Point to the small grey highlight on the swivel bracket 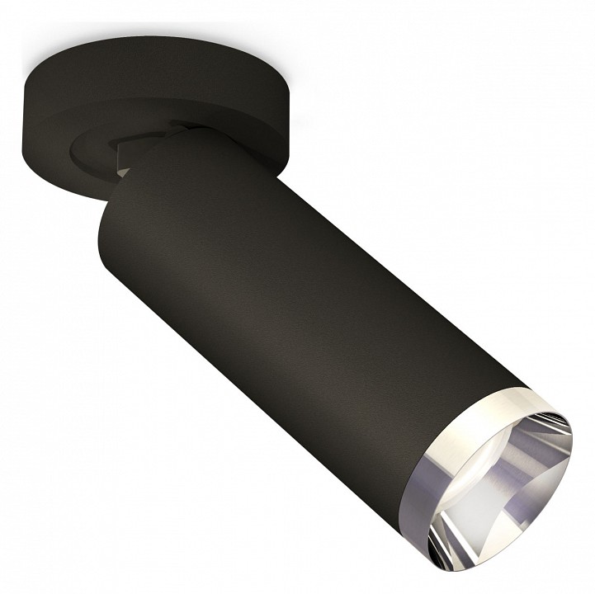click(123, 170)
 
